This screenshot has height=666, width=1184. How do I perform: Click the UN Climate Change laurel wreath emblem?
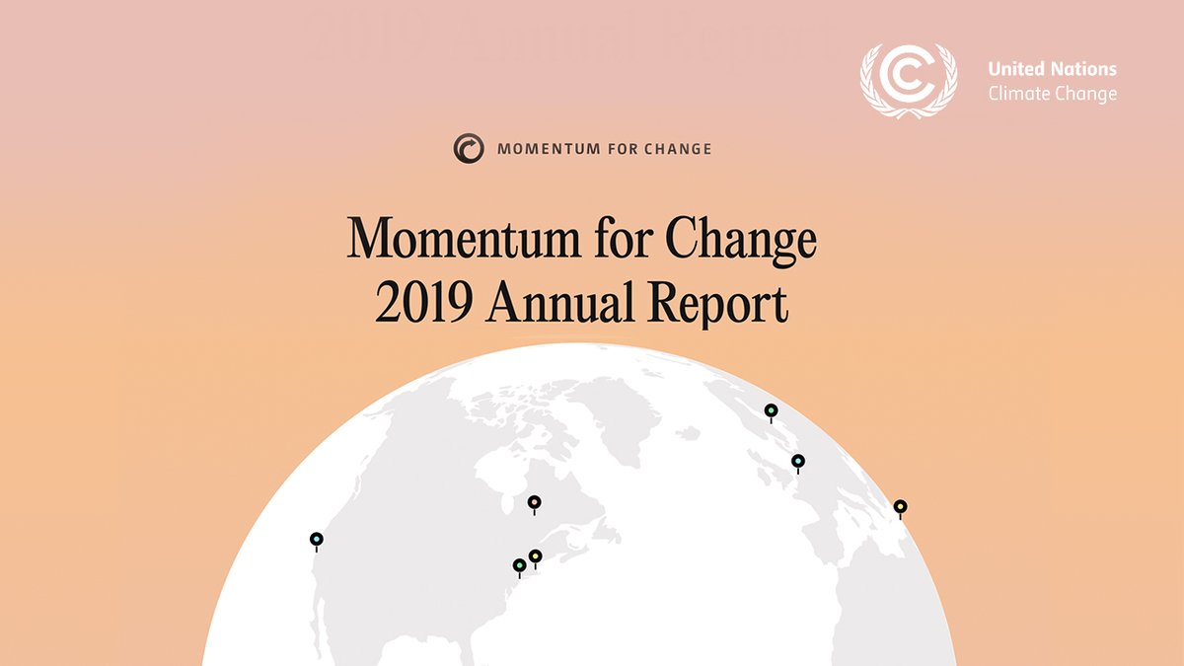point(908,81)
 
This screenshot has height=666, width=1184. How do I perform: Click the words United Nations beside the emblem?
point(1052,69)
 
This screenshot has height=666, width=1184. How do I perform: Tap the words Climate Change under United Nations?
point(1053,94)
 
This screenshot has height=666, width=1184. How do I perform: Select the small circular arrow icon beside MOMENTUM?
point(469,149)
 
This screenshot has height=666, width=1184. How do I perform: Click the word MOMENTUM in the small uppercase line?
point(549,149)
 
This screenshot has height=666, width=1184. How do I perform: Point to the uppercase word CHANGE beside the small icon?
point(678,149)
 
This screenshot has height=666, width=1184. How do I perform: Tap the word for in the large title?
point(622,237)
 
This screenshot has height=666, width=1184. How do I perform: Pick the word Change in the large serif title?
point(741,241)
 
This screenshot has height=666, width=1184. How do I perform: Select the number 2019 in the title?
point(424,302)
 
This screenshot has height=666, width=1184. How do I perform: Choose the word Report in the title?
point(718,304)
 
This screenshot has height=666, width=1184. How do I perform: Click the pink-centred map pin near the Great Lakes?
point(534,502)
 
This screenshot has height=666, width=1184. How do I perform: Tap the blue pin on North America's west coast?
point(317,540)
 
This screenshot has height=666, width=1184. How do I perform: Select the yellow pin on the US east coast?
point(536,556)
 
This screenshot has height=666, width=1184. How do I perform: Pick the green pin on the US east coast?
point(520,566)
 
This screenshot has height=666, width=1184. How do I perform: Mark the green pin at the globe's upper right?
point(772,410)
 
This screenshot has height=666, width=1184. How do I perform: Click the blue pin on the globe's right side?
point(798,462)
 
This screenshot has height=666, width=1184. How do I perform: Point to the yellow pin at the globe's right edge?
point(900,507)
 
